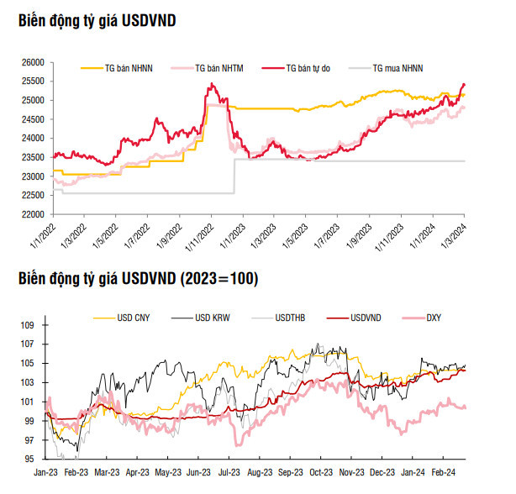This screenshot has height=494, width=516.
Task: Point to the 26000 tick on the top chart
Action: pyautogui.click(x=33, y=62)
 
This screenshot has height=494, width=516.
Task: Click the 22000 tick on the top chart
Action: pyautogui.click(x=33, y=214)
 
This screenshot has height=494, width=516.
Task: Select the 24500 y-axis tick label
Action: pyautogui.click(x=33, y=119)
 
